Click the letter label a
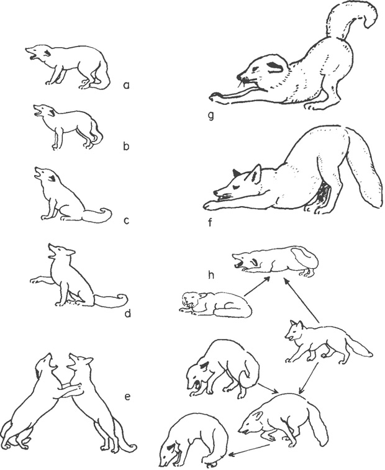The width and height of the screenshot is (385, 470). (x=126, y=86)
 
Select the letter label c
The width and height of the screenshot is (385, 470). (x=126, y=221)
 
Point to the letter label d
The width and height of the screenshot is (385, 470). (x=127, y=313)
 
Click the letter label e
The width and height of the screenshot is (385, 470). (x=127, y=397)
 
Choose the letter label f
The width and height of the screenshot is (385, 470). (x=210, y=222)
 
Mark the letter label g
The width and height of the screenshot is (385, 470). (x=211, y=116)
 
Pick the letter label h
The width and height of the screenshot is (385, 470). (x=211, y=274)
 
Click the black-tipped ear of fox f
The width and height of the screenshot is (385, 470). (x=236, y=173)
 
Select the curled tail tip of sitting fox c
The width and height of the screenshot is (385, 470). (x=106, y=213)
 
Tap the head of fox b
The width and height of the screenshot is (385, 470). (x=43, y=110)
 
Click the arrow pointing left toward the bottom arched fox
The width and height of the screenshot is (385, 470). (x=249, y=449)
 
